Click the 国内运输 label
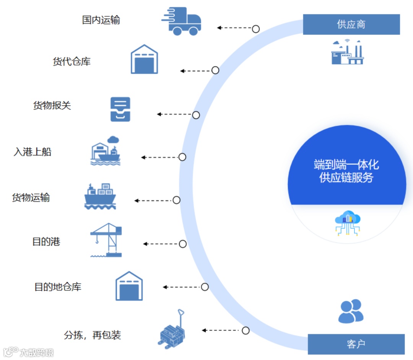tap(101, 20)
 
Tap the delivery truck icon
tap(182, 21)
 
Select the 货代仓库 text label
tap(72, 62)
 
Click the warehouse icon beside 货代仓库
tap(144, 59)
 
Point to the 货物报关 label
tap(52, 106)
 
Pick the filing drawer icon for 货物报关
tap(120, 109)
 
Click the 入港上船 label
tap(33, 152)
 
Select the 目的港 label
tap(46, 242)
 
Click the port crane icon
tap(107, 240)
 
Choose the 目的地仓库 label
tap(58, 287)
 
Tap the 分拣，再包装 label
tap(93, 336)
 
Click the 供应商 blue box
tap(351, 24)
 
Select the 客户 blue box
tap(356, 344)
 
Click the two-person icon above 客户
tap(351, 311)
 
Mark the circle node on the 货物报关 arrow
tap(196, 115)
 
